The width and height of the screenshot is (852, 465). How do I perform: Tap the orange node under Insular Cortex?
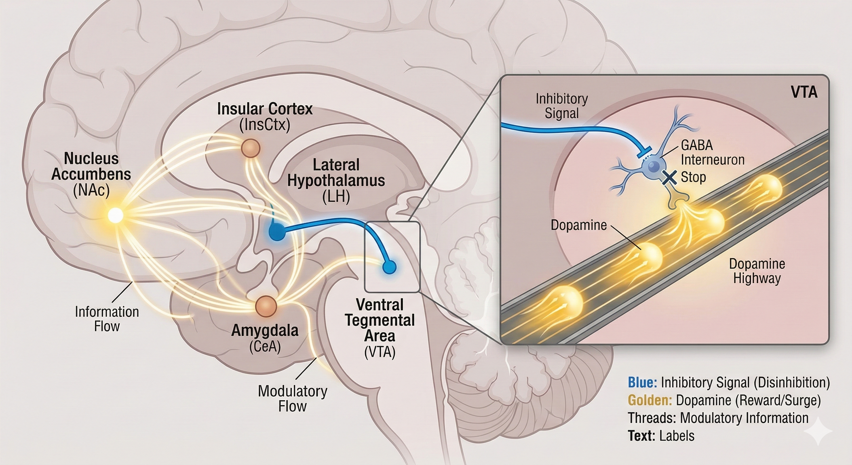(251, 148)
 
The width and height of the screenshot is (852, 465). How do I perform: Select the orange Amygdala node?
(266, 306)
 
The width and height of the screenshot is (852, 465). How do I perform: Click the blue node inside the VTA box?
(389, 267)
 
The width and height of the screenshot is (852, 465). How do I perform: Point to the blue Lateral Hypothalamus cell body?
(277, 231)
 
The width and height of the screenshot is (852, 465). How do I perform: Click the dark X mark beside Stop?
(670, 178)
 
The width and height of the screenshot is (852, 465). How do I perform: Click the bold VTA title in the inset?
(804, 93)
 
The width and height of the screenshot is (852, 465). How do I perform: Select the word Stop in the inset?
(693, 177)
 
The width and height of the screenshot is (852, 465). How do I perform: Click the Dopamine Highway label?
(757, 271)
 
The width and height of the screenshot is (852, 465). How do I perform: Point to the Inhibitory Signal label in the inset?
(562, 106)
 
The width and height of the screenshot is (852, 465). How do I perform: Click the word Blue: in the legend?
(642, 383)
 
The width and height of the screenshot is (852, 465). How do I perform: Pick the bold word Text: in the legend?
(641, 436)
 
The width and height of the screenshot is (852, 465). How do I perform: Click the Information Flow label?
(107, 319)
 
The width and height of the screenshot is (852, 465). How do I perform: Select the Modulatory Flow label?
(292, 398)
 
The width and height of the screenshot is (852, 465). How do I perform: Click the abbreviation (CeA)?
(265, 347)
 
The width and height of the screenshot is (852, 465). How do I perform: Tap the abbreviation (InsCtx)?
(265, 125)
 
